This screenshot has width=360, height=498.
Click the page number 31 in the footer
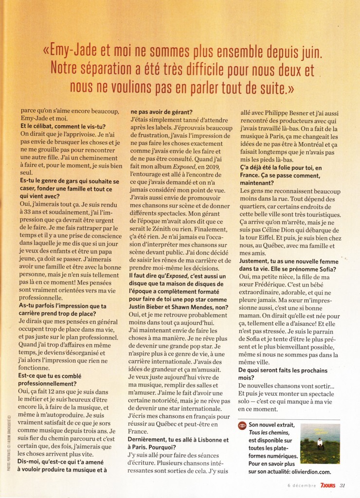click(x=342, y=484)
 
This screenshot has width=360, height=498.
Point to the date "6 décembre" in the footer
click(x=302, y=484)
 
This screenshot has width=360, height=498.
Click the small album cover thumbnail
click(x=320, y=444)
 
